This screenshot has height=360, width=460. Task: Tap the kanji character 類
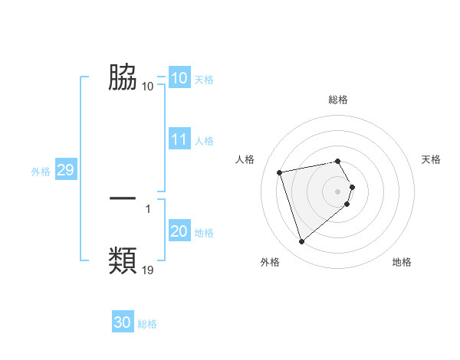(123, 260)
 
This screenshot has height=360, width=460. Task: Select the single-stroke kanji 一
(123, 198)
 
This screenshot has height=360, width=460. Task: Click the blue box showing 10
(179, 78)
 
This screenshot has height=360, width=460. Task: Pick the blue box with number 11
(179, 139)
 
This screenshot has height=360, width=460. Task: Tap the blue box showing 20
(179, 231)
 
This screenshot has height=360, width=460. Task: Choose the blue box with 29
(66, 170)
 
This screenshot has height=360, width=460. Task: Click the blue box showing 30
(123, 322)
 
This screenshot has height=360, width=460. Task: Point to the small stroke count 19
(148, 270)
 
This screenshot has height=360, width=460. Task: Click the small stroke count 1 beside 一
(147, 208)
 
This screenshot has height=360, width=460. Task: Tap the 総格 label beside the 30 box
(147, 324)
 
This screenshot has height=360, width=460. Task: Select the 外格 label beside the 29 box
(41, 172)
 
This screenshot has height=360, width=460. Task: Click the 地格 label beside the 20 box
(204, 233)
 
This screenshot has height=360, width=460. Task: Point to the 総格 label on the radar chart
(338, 100)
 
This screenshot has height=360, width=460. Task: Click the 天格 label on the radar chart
(431, 159)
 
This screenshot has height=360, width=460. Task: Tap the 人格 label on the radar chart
(245, 159)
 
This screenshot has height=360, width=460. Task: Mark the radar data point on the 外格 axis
(301, 242)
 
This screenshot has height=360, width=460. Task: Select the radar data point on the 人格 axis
(280, 172)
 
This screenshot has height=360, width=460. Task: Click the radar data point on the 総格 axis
(338, 162)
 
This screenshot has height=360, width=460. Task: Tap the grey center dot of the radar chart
(338, 191)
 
